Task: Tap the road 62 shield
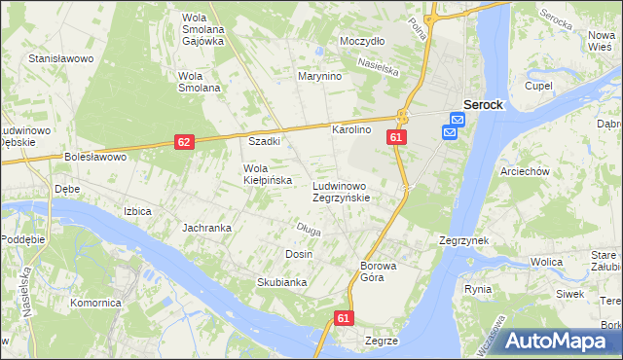(x=185, y=142)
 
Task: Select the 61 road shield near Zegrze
(x=344, y=318)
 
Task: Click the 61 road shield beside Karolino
(x=395, y=138)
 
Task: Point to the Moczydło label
(x=362, y=42)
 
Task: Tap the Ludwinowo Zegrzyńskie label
(x=339, y=191)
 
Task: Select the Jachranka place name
(x=206, y=228)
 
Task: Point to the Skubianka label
(x=255, y=282)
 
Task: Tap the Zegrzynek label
(x=463, y=240)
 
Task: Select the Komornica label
(x=95, y=303)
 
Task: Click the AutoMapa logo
(x=555, y=341)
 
